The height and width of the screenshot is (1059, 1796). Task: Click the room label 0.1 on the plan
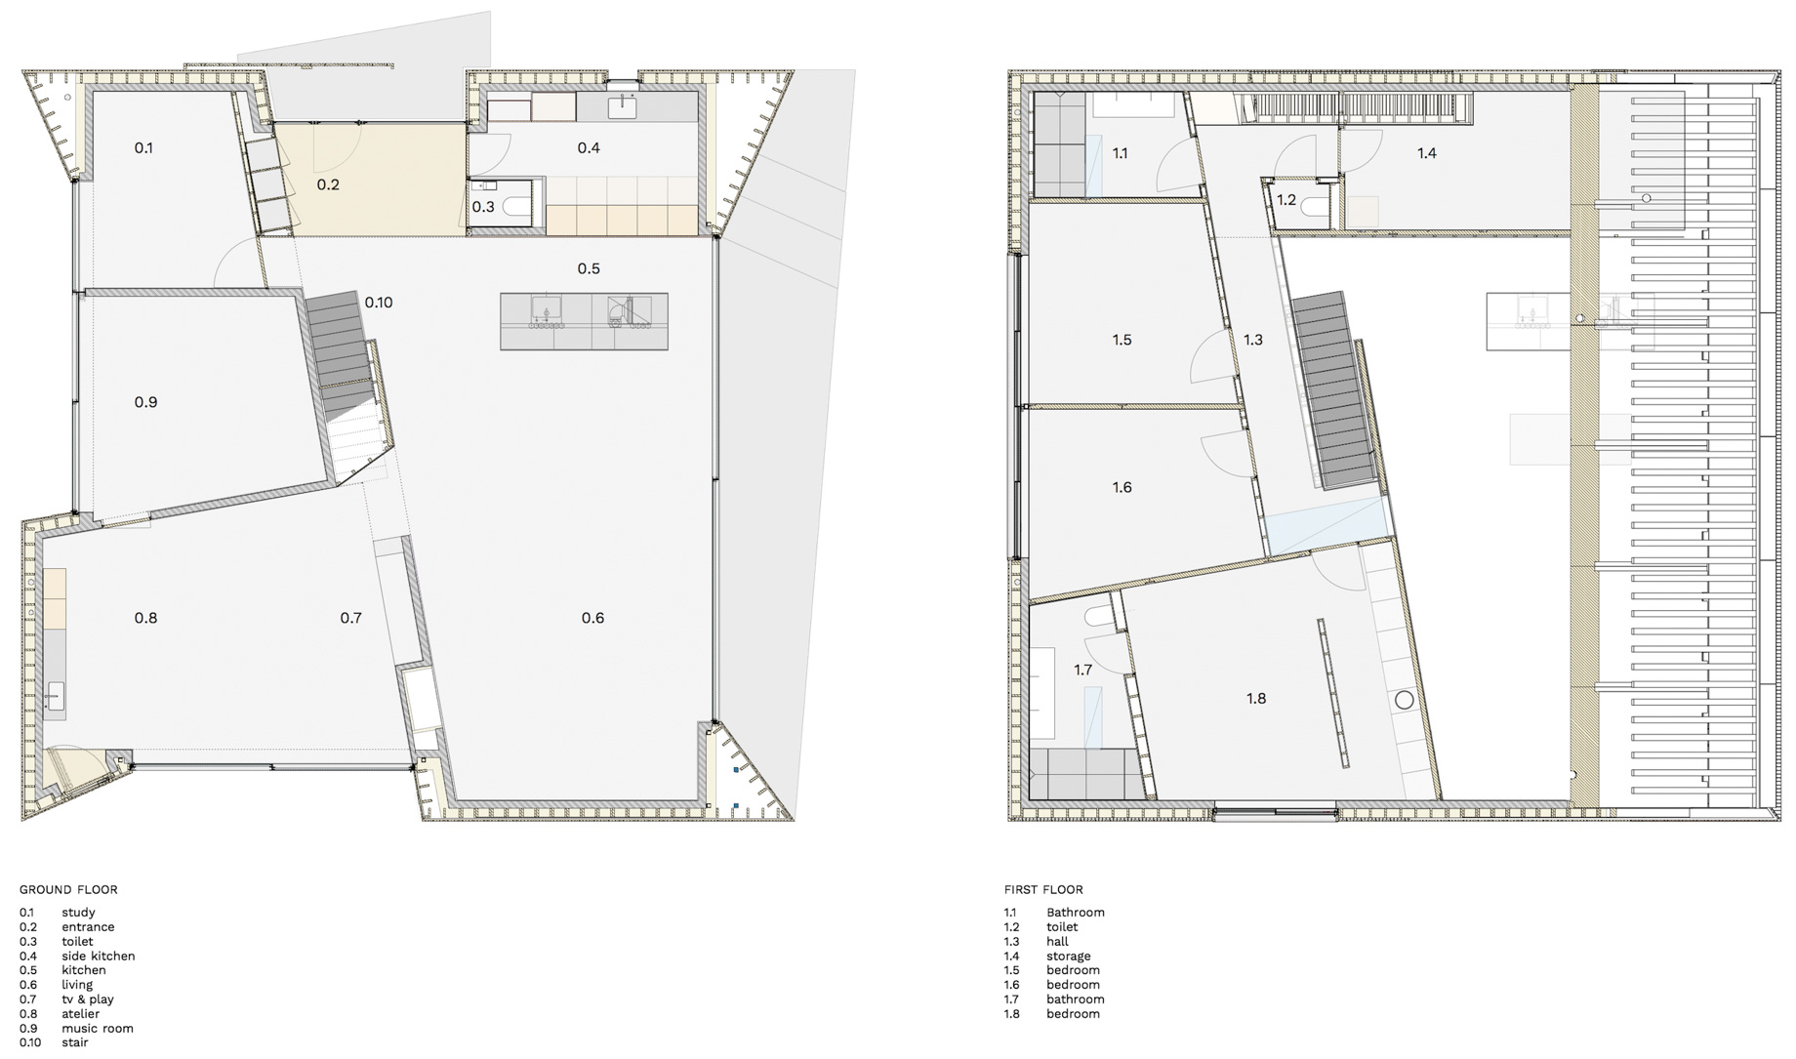[x=143, y=148]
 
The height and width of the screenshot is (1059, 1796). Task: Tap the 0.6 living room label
[x=592, y=618]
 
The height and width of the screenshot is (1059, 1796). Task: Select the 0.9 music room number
[x=145, y=402]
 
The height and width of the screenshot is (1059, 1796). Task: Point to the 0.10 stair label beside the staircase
[x=379, y=303]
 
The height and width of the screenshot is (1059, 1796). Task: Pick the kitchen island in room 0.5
[x=585, y=321]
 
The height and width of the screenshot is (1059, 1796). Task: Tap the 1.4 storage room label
[x=1427, y=153]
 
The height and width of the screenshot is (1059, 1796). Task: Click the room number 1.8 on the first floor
[x=1256, y=699]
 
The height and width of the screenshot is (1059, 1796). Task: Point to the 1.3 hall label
[x=1252, y=341]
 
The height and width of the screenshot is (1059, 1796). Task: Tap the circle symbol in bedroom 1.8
[x=1405, y=700]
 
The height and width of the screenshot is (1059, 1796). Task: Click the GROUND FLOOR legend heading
[x=68, y=890]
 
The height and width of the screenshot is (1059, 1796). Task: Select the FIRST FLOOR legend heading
[x=1043, y=890]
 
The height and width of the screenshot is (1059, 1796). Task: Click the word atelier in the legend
[x=81, y=1014]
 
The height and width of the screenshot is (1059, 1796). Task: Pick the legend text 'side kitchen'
[x=99, y=957]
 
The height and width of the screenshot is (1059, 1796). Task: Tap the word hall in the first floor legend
[x=1057, y=942]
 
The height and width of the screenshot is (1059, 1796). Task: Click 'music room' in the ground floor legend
[x=98, y=1029]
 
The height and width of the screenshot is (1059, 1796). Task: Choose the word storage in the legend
[x=1069, y=957]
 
